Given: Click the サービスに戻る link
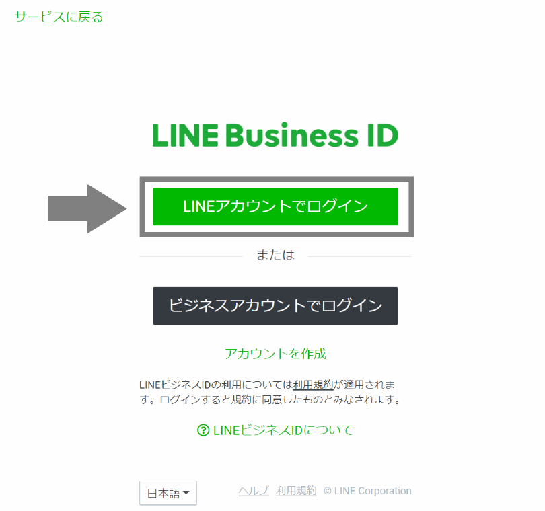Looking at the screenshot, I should [x=59, y=17].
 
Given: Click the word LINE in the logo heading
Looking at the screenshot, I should [x=184, y=135].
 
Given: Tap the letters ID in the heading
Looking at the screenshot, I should [x=382, y=135].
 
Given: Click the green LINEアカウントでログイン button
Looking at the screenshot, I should [x=275, y=206].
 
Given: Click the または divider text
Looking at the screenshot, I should [x=275, y=255].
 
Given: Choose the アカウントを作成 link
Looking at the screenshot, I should [x=275, y=354].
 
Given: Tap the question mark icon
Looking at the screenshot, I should [x=203, y=430].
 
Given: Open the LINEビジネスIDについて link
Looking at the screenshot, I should [x=283, y=430].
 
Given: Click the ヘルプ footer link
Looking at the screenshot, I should [x=254, y=491].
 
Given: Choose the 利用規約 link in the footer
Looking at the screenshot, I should [x=296, y=491].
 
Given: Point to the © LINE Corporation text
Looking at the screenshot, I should [x=367, y=491].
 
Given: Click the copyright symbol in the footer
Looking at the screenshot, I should [x=328, y=492].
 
